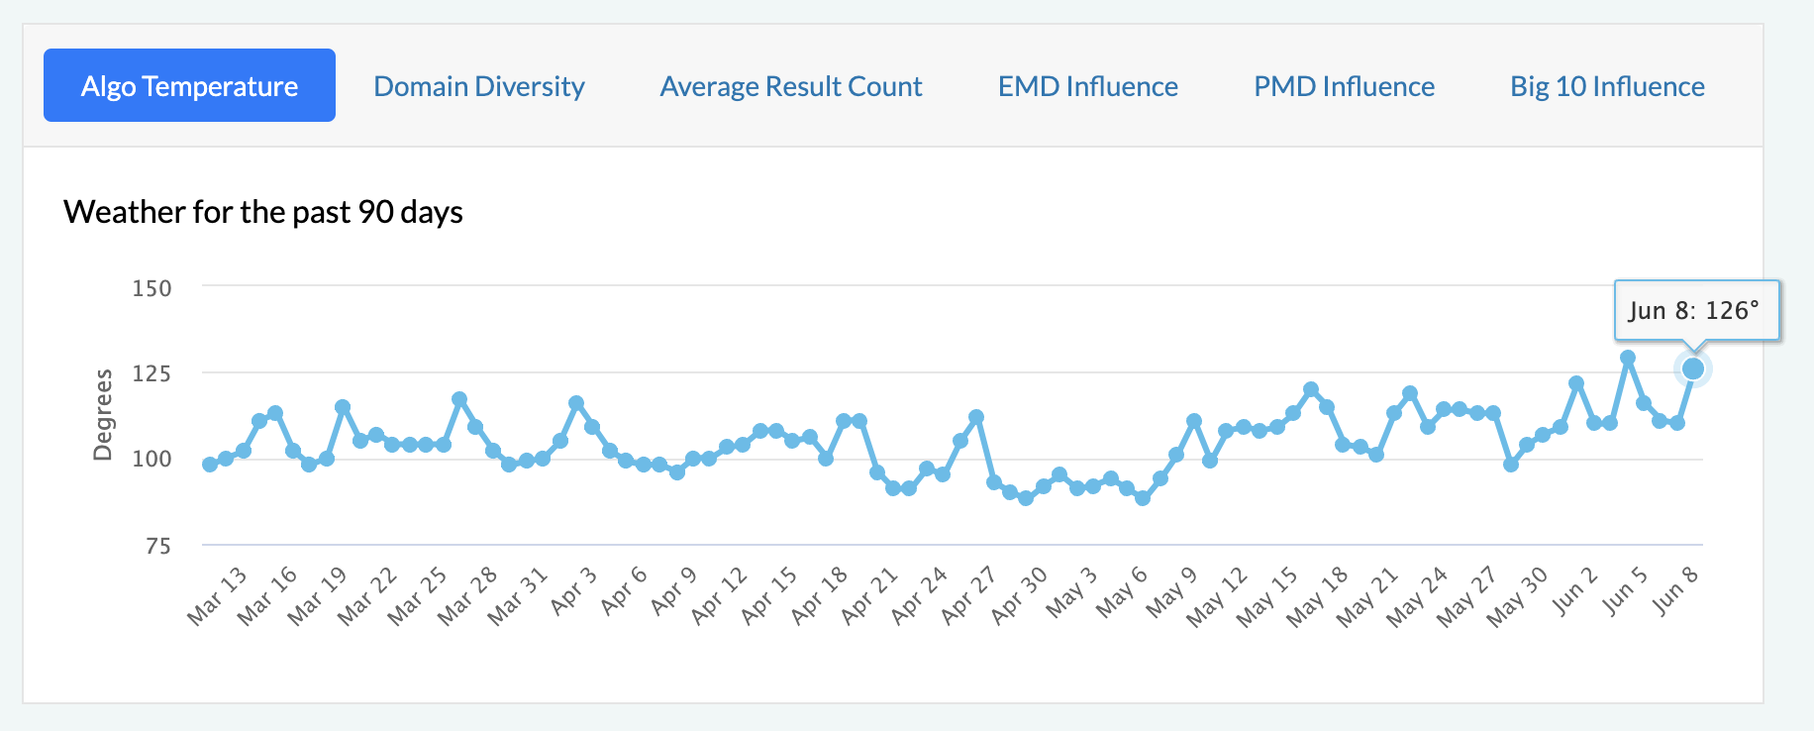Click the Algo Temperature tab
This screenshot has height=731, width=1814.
(189, 86)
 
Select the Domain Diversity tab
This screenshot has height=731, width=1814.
(479, 86)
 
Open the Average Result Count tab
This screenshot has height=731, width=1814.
(791, 86)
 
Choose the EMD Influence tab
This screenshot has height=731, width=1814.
(1087, 86)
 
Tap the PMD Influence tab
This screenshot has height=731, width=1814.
(1344, 86)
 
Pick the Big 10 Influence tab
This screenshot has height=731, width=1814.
(1607, 86)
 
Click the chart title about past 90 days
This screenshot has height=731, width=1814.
(263, 212)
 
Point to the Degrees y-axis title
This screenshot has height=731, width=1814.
(102, 415)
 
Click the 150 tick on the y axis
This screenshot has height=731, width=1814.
(152, 288)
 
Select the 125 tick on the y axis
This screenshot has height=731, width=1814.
(152, 373)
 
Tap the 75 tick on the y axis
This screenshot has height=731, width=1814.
(158, 546)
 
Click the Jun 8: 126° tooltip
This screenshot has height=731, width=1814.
(1696, 311)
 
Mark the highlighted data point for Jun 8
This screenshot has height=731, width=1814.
(1693, 369)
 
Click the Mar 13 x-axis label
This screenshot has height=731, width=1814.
(218, 596)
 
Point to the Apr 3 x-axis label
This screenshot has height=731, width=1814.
(574, 591)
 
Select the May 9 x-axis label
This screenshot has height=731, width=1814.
(1172, 592)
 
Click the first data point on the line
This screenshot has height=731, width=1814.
(210, 465)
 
